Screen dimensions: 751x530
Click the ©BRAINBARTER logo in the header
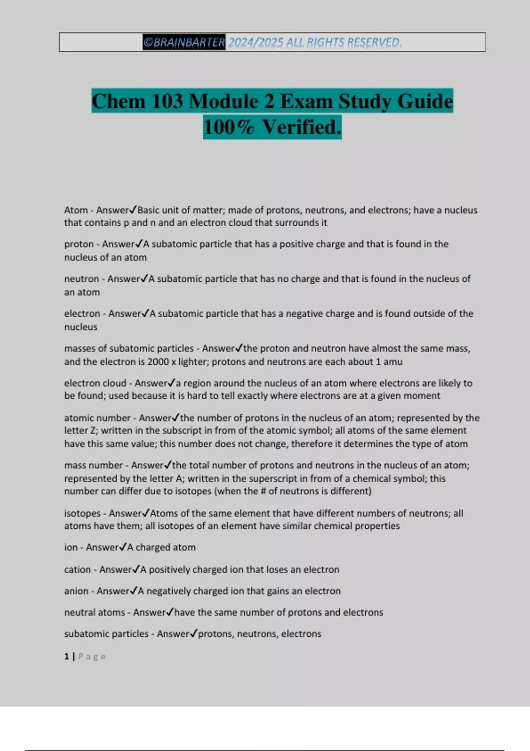click(184, 42)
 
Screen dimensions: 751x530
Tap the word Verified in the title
click(302, 127)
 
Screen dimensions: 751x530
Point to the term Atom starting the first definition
click(76, 210)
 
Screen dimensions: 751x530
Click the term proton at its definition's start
click(79, 244)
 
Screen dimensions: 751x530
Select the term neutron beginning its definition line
click(81, 279)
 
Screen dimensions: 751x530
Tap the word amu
click(393, 362)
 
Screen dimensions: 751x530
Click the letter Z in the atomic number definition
click(93, 431)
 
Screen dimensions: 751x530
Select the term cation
click(77, 569)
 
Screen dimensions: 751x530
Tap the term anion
click(76, 591)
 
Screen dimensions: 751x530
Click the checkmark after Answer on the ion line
click(123, 547)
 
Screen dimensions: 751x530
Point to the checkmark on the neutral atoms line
click(170, 612)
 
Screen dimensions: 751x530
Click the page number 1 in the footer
click(66, 656)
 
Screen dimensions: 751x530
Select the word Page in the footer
click(92, 656)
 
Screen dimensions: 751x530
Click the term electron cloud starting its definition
click(95, 383)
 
